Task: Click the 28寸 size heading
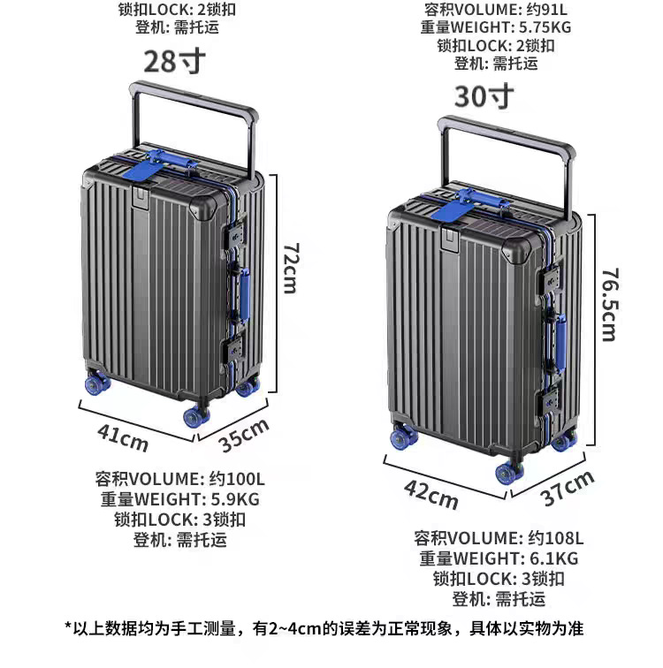click(174, 62)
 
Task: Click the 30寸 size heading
click(484, 96)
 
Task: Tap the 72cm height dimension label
click(292, 269)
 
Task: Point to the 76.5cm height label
click(609, 305)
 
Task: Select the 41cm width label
click(123, 437)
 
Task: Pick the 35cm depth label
click(244, 435)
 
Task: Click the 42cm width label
click(431, 494)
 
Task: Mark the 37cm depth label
click(568, 489)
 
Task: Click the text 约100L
click(237, 479)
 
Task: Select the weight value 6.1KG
click(553, 558)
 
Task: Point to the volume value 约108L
click(556, 538)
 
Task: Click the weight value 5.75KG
click(545, 27)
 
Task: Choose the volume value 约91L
click(546, 9)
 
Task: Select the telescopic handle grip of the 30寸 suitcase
click(507, 133)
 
